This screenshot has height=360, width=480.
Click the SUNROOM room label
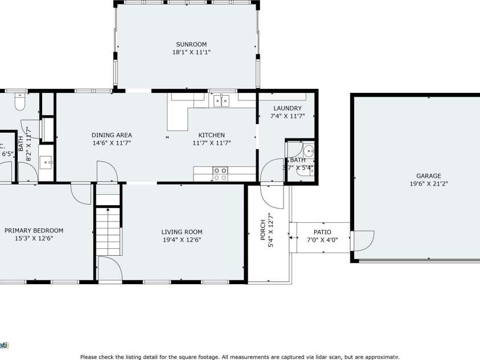191,44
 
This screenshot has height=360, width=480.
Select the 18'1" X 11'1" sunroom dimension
191,52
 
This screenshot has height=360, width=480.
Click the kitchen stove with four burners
220,173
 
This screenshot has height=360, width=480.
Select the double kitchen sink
221,101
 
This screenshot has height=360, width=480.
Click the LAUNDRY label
287,108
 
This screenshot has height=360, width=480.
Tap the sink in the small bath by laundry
308,151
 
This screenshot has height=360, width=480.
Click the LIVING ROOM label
182,232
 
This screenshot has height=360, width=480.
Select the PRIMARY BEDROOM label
34,231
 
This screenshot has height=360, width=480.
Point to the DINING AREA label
112,135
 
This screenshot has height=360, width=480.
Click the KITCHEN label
203,135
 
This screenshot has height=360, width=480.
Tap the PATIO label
322,232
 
